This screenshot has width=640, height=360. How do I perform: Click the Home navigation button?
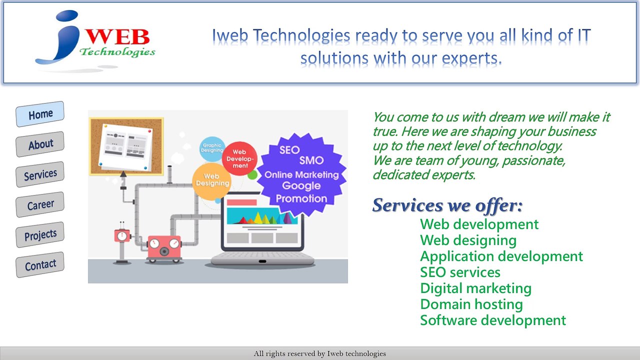point(40,114)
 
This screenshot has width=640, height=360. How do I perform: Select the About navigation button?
point(40,144)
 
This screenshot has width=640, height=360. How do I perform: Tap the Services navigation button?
point(40,174)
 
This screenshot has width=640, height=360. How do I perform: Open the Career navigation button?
point(40,204)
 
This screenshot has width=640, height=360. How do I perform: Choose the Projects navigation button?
point(40,234)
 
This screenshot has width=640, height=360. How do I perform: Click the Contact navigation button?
point(40,264)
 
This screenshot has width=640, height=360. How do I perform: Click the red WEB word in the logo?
point(120,37)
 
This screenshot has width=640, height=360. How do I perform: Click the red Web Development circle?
point(239,158)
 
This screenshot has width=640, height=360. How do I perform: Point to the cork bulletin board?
point(126,146)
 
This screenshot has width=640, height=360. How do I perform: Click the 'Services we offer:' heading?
point(447,205)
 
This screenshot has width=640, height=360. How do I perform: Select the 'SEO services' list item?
point(460,272)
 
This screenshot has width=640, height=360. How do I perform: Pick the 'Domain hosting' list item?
point(471,304)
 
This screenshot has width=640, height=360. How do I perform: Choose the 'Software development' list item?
point(492,320)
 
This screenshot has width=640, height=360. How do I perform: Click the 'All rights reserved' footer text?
point(320,354)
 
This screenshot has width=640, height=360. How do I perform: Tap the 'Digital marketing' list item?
point(475,288)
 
